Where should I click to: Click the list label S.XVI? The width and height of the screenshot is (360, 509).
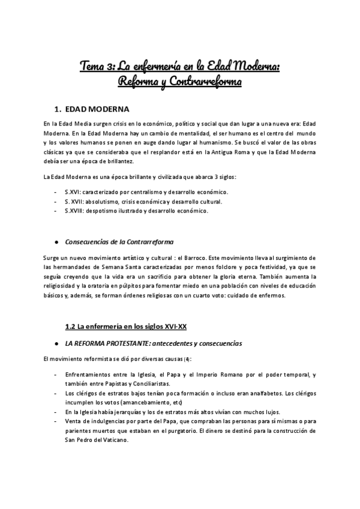(74, 191)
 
